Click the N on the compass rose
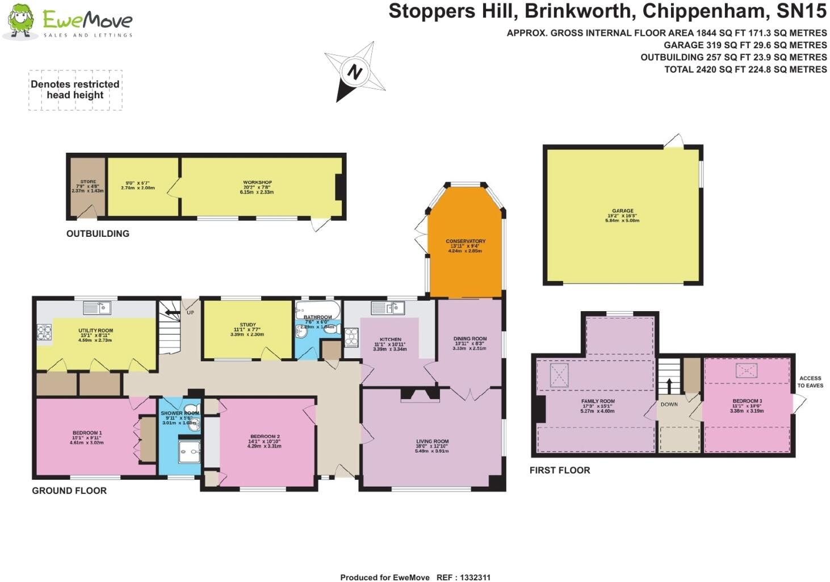tap(354, 72)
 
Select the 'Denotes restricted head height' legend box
tap(75, 90)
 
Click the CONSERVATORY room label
tap(466, 241)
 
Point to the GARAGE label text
tap(622, 211)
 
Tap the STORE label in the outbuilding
tap(88, 182)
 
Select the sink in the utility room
tap(97, 308)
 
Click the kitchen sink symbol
tap(388, 308)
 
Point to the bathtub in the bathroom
tap(317, 309)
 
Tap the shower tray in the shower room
tap(189, 452)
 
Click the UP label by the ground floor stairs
tap(190, 313)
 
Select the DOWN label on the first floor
tap(669, 404)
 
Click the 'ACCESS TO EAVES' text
tap(810, 382)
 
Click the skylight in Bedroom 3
tap(746, 371)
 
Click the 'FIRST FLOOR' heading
tap(559, 470)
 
